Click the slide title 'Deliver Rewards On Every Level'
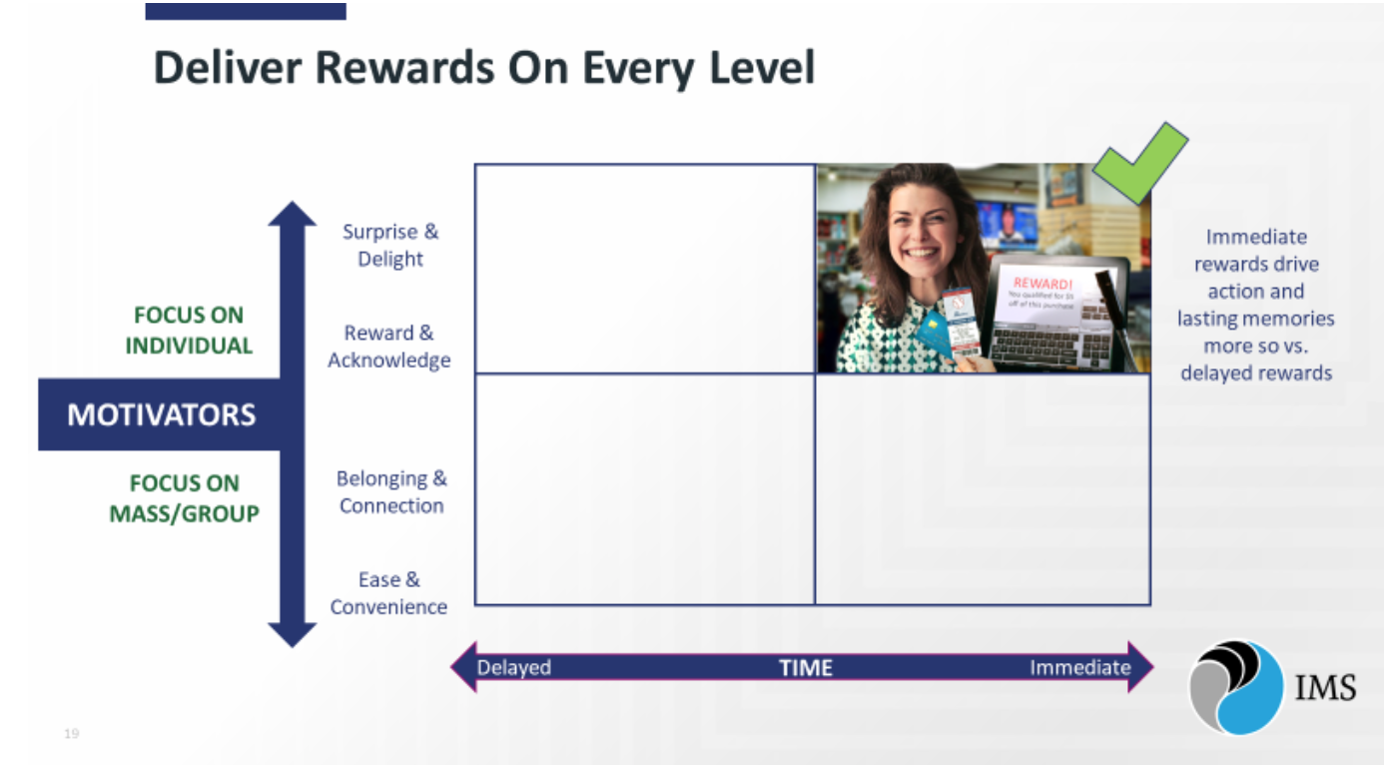[484, 68]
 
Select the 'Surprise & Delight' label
[390, 246]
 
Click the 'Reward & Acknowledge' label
[389, 347]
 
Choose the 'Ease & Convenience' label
[388, 593]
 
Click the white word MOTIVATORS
[162, 414]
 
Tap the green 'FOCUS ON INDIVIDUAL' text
[188, 331]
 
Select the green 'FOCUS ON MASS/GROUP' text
[184, 498]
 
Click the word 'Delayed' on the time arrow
[514, 667]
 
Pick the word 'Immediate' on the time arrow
[1079, 667]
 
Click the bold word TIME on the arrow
[806, 668]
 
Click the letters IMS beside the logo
[1325, 688]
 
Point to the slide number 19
[71, 734]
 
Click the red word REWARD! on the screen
[1040, 283]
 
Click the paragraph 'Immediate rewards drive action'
[1255, 305]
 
